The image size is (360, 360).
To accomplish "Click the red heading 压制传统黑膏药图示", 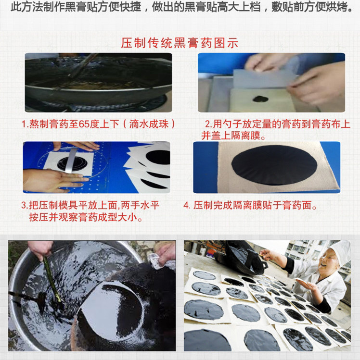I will click(180, 43).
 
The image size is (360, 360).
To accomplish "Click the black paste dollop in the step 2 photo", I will click(261, 98).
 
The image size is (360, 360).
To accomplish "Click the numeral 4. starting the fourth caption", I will click(187, 206).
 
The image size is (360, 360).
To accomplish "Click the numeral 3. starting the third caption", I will click(24, 206).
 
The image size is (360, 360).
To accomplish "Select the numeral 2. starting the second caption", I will click(209, 124).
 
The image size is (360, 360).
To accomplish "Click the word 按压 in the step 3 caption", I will click(39, 217).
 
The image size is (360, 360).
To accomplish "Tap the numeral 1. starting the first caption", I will click(24, 124).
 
